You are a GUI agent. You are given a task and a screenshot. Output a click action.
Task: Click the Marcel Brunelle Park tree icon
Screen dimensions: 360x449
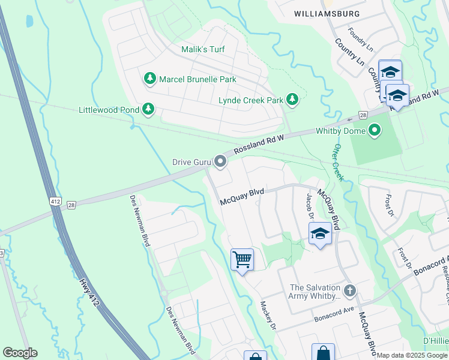pyautogui.click(x=149, y=79)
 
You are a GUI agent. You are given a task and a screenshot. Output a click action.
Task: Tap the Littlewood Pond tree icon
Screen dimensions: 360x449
pyautogui.click(x=147, y=109)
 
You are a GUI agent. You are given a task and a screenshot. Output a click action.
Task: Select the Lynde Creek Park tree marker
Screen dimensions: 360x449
pyautogui.click(x=292, y=100)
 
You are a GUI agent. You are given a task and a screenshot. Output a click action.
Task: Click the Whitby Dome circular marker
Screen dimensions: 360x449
pyautogui.click(x=375, y=130)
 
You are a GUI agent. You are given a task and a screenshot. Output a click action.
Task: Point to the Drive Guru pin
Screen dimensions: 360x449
pyautogui.click(x=221, y=161)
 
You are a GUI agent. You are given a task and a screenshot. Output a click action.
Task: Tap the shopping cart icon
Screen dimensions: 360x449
pyautogui.click(x=242, y=260)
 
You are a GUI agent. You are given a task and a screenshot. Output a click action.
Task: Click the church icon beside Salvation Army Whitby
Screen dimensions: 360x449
pyautogui.click(x=350, y=292)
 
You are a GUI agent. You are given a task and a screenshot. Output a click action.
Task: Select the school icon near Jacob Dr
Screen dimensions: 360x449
pyautogui.click(x=320, y=233)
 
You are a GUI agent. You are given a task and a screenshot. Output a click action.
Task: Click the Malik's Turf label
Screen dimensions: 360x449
pyautogui.click(x=203, y=49)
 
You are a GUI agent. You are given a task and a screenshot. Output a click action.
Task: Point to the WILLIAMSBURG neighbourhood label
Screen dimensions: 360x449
pyautogui.click(x=327, y=13)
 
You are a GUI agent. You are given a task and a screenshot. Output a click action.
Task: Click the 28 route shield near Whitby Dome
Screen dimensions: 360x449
pyautogui.click(x=363, y=115)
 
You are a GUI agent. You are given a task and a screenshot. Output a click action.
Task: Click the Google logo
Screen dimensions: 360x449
pyautogui.click(x=20, y=353)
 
